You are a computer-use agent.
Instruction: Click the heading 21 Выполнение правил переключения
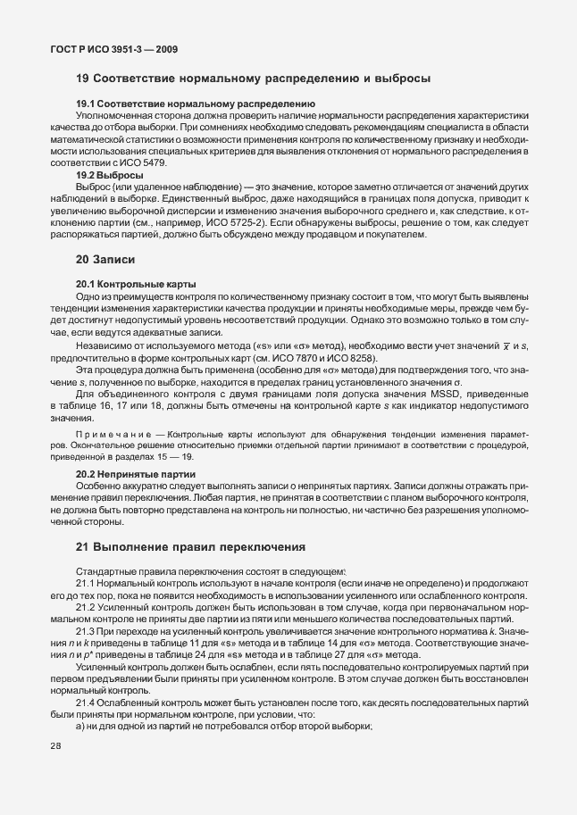click(191, 546)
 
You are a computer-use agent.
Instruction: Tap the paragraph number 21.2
click(86, 606)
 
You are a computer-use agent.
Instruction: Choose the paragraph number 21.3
click(86, 629)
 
